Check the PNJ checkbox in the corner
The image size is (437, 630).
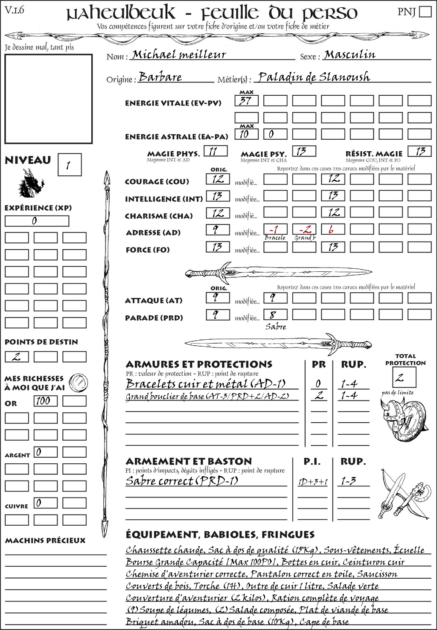point(425,11)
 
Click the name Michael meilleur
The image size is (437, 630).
point(179,55)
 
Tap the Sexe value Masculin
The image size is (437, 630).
point(350,55)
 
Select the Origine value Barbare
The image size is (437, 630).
point(160,77)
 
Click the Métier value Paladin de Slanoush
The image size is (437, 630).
point(314,77)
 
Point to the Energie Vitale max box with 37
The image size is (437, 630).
point(246,101)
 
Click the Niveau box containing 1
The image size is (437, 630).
point(69,165)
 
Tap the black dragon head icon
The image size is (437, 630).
point(31,183)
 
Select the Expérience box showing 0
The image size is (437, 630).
point(37,221)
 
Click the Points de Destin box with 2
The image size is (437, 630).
point(17,356)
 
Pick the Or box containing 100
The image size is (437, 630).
point(45,401)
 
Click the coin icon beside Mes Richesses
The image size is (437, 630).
point(78,382)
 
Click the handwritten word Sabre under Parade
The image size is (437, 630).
point(276,327)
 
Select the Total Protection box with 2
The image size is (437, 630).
point(403,377)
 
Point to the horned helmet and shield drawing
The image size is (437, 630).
point(403,418)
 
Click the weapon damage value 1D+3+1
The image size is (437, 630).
point(313,482)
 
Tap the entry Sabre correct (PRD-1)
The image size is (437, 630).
point(181,481)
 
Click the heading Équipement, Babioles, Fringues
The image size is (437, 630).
point(220,535)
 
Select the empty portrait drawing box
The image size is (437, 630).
point(48,99)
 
